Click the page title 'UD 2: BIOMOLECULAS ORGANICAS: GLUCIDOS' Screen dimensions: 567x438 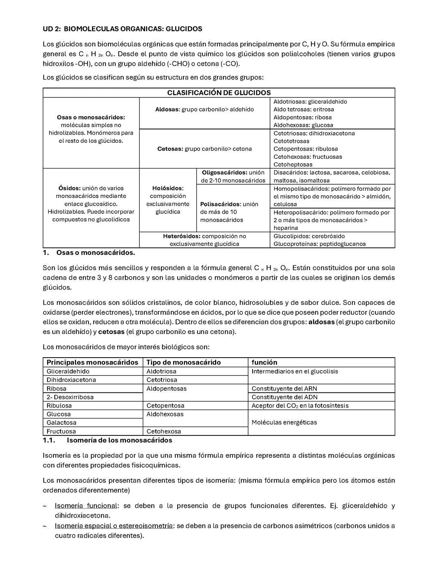click(122, 29)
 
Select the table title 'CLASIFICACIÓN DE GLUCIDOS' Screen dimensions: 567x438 click(219, 93)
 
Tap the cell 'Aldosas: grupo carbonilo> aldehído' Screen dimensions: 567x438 click(204, 109)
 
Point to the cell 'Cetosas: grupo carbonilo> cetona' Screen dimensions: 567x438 click(204, 149)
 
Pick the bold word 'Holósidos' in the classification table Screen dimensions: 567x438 click(167, 188)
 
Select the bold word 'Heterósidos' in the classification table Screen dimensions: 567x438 click(181, 236)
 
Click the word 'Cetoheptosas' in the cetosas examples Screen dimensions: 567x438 click(293, 164)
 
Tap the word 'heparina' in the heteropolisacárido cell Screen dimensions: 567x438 click(286, 228)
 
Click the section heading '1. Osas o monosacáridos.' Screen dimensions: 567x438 click(89, 252)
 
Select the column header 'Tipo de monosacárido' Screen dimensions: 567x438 click(183, 362)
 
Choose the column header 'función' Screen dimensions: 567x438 click(264, 362)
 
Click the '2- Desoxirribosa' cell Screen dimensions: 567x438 click(70, 397)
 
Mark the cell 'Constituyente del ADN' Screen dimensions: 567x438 click(284, 397)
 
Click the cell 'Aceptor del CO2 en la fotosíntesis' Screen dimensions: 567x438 click(300, 405)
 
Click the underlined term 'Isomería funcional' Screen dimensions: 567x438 click(86, 506)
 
